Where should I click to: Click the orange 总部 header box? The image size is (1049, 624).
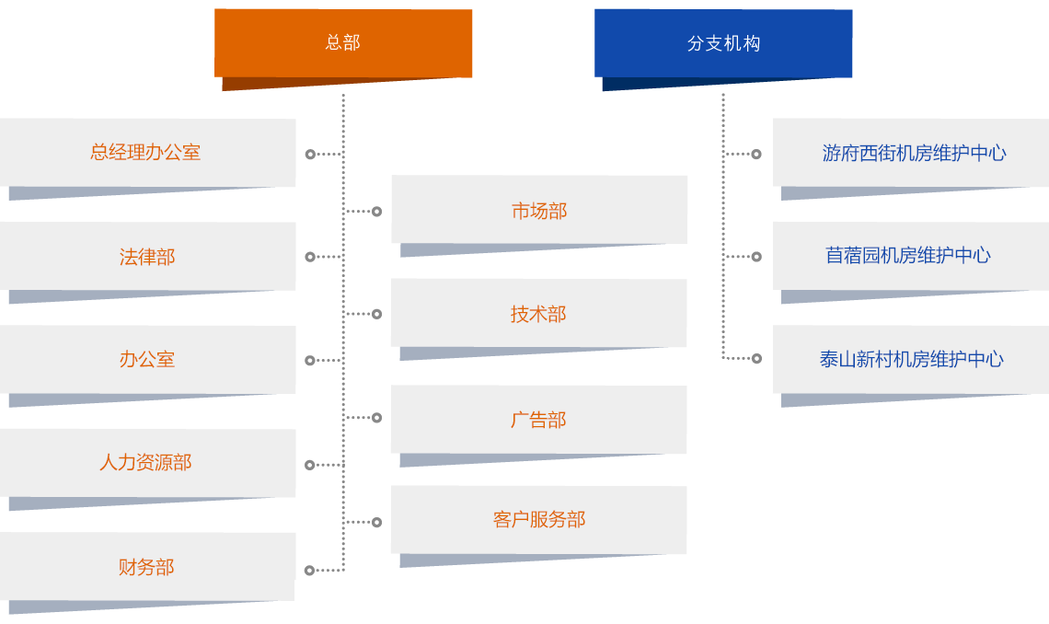click(342, 42)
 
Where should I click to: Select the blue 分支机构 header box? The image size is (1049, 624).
click(723, 43)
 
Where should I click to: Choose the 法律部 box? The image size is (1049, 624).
click(147, 257)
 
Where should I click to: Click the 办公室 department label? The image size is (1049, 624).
click(147, 360)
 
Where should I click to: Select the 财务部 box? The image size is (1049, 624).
click(146, 567)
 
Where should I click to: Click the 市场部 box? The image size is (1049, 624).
click(539, 211)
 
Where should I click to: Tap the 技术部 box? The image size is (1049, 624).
click(538, 314)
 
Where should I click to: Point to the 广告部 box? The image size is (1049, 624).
click(538, 420)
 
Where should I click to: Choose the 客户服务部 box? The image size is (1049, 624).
click(538, 520)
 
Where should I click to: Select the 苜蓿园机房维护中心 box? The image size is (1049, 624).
click(908, 256)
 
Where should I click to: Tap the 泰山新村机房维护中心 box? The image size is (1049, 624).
click(911, 360)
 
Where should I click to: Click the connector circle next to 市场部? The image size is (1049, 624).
click(376, 212)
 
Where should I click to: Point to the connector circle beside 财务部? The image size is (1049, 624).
click(310, 571)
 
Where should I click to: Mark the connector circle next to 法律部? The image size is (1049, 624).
click(310, 257)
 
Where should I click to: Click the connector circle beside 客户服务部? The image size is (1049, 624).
click(376, 522)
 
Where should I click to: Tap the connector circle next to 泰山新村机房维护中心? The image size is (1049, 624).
click(756, 358)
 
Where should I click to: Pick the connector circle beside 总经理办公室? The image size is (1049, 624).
click(310, 155)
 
